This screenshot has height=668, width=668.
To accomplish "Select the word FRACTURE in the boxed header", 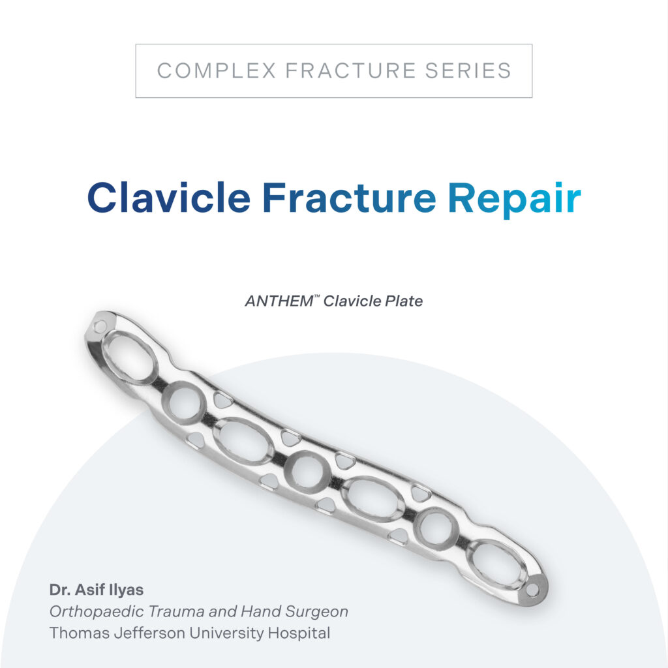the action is [x=350, y=70].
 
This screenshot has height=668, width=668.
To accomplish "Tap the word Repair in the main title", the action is [x=514, y=200].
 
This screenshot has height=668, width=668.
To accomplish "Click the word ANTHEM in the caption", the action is [x=279, y=301].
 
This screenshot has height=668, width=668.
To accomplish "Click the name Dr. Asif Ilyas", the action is [x=97, y=590].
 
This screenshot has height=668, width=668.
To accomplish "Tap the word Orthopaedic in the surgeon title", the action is [x=97, y=612].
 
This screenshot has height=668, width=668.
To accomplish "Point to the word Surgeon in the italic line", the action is [x=316, y=612].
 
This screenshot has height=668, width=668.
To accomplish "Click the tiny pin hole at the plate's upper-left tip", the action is [x=100, y=327].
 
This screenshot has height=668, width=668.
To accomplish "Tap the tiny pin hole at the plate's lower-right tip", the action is [x=532, y=590].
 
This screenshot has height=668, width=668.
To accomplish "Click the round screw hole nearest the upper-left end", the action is [x=185, y=403].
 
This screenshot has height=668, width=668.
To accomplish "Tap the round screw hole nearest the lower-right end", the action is [x=436, y=529].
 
